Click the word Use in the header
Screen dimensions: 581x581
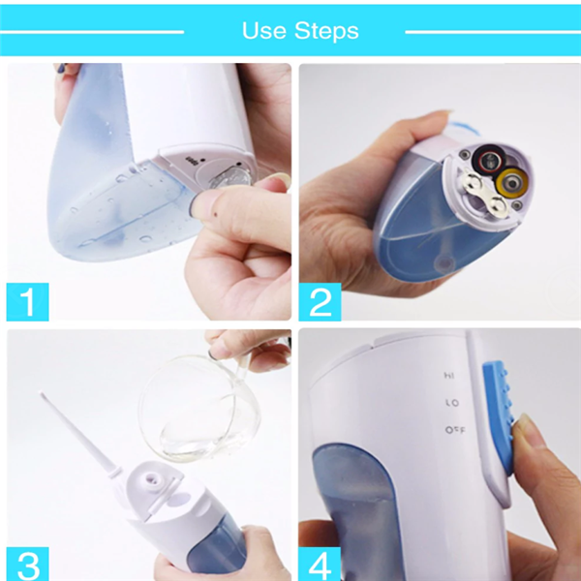click(263, 30)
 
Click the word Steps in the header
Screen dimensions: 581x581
click(326, 31)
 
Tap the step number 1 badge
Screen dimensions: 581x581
click(28, 301)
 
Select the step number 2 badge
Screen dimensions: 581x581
click(320, 301)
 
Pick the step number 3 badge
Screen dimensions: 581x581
click(28, 564)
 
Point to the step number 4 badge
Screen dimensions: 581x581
click(320, 564)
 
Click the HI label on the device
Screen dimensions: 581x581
click(448, 376)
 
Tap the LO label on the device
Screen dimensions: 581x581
click(452, 403)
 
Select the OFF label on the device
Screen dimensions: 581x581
click(455, 430)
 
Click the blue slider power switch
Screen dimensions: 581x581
click(499, 416)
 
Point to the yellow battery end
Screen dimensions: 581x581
click(512, 183)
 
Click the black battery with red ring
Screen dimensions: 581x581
click(489, 160)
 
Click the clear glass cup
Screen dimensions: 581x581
click(200, 407)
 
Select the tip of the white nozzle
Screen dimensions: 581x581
click(41, 393)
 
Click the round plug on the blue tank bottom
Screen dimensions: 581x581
click(444, 263)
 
